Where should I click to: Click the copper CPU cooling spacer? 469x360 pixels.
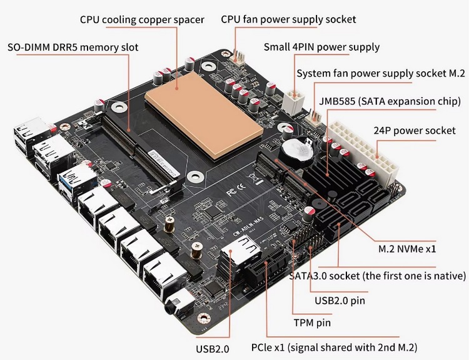pos(201,118)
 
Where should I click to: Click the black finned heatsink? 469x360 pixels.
pos(338,172)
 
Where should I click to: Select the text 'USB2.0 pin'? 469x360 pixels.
pos(340,301)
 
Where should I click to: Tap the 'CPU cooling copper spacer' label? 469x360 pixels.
pos(142,19)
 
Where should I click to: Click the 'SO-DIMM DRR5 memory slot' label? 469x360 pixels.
pos(73,47)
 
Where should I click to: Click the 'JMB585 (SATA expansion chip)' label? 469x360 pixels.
pos(390,101)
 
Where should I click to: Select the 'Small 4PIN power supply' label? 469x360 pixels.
pos(321,47)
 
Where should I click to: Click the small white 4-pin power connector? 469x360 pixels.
pos(292,99)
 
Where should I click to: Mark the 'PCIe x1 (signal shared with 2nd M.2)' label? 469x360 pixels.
pos(334,347)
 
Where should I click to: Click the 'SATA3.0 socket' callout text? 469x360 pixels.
pos(377,276)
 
